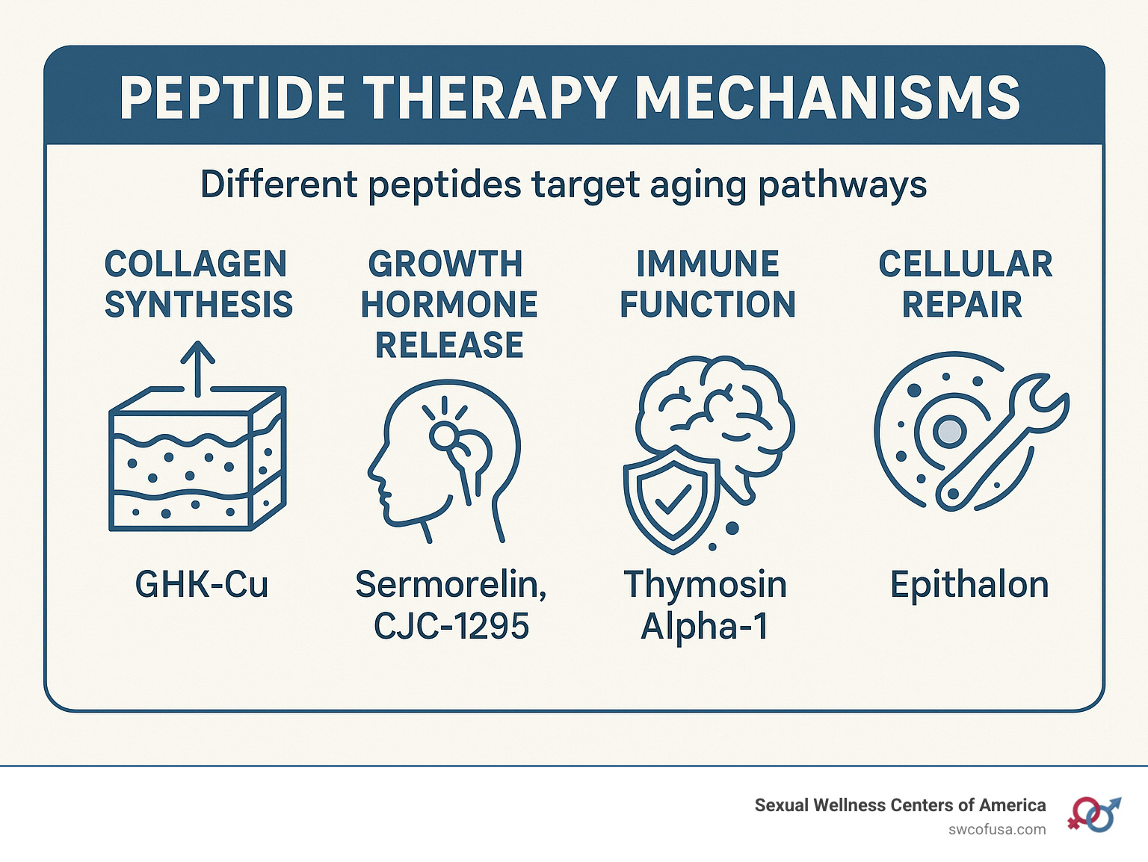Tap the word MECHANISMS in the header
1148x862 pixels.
pyautogui.click(x=827, y=98)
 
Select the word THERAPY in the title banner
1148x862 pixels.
pyautogui.click(x=490, y=98)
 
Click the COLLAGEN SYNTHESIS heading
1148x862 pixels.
pyautogui.click(x=198, y=284)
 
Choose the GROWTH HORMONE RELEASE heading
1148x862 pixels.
pyautogui.click(x=449, y=304)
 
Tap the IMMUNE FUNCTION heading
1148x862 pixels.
pyautogui.click(x=708, y=284)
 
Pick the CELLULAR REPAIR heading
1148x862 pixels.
pyautogui.click(x=965, y=284)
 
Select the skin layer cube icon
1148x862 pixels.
pyautogui.click(x=197, y=459)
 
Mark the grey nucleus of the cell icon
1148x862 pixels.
pyautogui.click(x=949, y=431)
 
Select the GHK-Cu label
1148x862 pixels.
pyautogui.click(x=202, y=584)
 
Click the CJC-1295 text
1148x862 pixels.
pyautogui.click(x=451, y=626)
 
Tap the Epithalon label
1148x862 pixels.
pyautogui.click(x=969, y=584)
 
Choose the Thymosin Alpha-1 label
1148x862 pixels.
pyautogui.click(x=706, y=605)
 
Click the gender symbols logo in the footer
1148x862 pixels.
pyautogui.click(x=1094, y=814)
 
